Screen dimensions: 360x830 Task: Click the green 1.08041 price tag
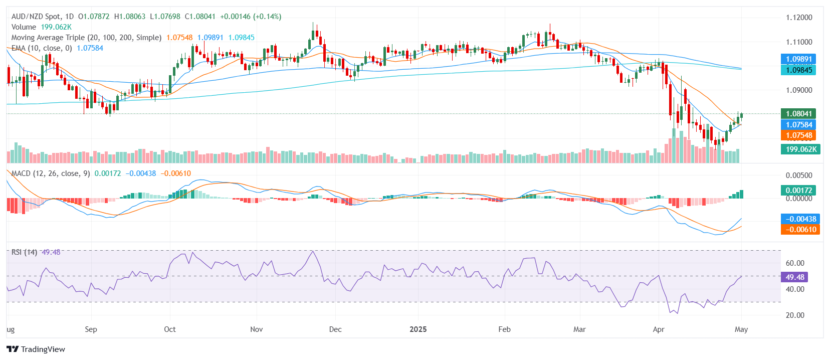coord(798,114)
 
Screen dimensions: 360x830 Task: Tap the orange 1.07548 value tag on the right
coord(798,135)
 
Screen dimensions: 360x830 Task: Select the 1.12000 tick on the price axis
coord(799,18)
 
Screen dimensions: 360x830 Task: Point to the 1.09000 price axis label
coord(799,90)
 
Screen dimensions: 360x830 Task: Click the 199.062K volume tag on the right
coord(800,149)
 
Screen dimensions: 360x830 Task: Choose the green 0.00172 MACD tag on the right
coord(798,191)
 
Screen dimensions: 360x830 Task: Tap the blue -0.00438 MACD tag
coord(800,219)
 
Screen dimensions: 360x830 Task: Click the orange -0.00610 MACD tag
coord(800,230)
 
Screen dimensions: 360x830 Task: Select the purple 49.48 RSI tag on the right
coord(794,277)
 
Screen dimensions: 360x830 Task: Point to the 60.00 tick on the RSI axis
coord(795,263)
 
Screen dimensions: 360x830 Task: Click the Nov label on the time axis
coord(256,329)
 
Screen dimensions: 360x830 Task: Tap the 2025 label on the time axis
coord(418,329)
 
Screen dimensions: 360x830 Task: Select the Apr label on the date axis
coord(659,329)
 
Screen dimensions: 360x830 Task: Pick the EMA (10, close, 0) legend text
coord(42,48)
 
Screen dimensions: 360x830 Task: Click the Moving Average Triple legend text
coord(86,38)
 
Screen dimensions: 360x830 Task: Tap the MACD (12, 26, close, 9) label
coord(51,173)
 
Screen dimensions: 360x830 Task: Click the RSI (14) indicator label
coord(24,252)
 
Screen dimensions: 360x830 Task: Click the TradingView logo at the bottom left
coord(36,349)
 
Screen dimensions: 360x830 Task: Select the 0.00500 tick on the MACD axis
coord(799,175)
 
